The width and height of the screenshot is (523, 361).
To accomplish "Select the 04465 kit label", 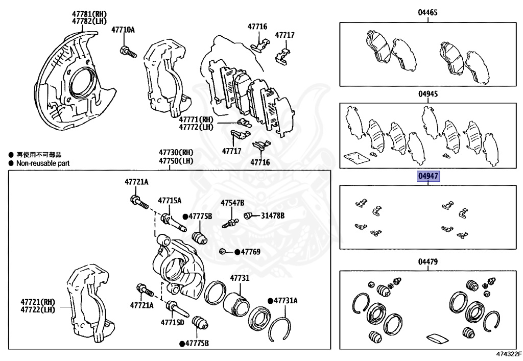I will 428,12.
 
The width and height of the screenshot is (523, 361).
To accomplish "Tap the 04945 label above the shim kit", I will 428,94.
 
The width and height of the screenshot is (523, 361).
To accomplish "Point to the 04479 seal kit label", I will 428,261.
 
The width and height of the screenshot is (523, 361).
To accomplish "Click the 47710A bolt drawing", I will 128,51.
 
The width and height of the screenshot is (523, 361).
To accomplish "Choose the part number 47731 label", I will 239,278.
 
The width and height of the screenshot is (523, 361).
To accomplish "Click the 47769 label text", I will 251,252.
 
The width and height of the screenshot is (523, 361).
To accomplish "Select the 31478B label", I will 272,215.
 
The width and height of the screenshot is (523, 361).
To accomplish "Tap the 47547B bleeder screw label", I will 232,203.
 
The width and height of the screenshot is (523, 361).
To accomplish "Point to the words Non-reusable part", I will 43,163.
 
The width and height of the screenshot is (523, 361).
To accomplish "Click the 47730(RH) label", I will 176,152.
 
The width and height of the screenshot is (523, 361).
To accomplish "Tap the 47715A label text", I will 169,201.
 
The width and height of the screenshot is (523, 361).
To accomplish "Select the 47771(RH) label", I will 195,119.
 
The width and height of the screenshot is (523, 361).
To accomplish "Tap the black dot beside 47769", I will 237,252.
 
